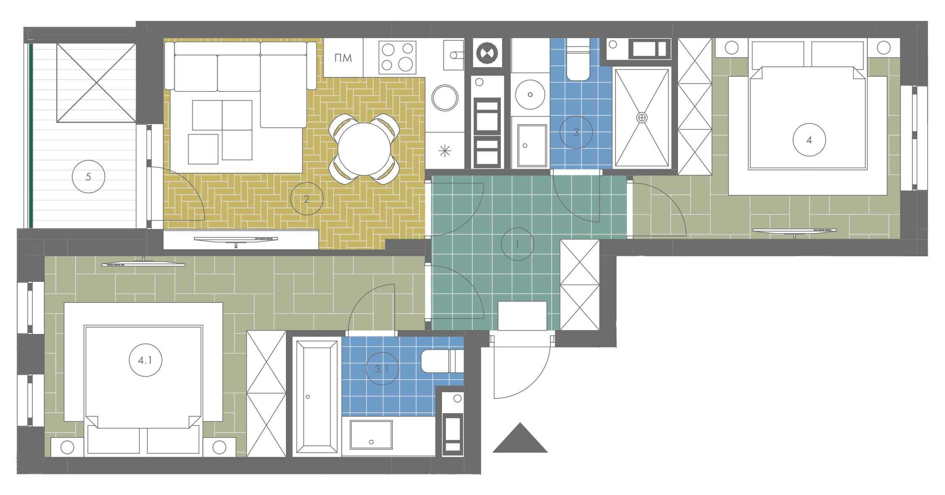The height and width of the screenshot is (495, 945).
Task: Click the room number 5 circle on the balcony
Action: coord(72,177)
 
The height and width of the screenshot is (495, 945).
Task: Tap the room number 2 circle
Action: coord(291,198)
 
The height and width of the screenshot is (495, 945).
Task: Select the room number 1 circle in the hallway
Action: coord(501,244)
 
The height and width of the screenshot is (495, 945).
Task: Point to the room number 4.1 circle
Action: coord(129,360)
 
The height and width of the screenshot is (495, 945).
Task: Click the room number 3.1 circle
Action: coord(366,369)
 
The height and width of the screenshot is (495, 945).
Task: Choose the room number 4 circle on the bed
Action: coord(793,140)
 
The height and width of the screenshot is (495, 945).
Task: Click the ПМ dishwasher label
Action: coord(343,58)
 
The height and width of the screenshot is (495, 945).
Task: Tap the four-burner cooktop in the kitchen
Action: coord(397,57)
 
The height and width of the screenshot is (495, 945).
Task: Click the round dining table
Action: coord(364,149)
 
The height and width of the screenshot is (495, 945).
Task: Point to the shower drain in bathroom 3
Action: coord(642,118)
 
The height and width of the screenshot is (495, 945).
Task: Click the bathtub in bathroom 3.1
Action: coord(317,396)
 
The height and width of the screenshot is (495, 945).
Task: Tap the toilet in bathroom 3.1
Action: coord(442,361)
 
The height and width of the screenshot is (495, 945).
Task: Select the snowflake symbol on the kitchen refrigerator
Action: coord(445,151)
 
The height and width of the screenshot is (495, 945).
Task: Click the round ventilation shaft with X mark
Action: coord(487,53)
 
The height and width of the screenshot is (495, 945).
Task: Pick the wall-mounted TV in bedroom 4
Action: coord(794,231)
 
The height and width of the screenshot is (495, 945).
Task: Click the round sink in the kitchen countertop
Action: coord(445,98)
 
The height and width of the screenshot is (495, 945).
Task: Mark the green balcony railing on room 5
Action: coord(31,135)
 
